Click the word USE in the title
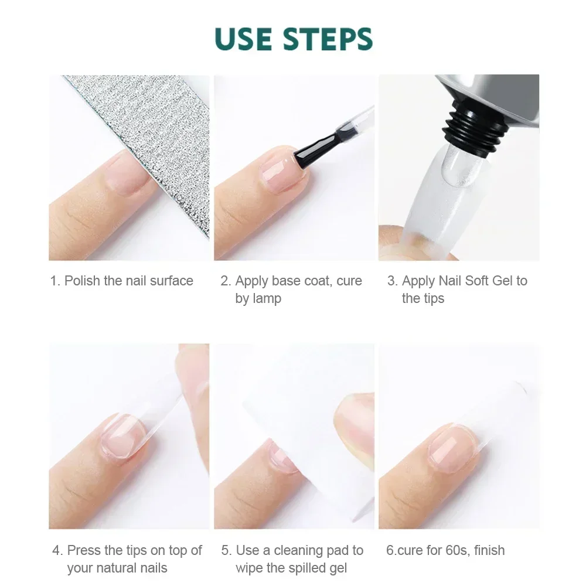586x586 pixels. (x=246, y=39)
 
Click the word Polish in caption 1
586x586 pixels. (x=82, y=281)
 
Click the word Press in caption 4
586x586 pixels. (x=84, y=550)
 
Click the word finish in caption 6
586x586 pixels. (x=489, y=550)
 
